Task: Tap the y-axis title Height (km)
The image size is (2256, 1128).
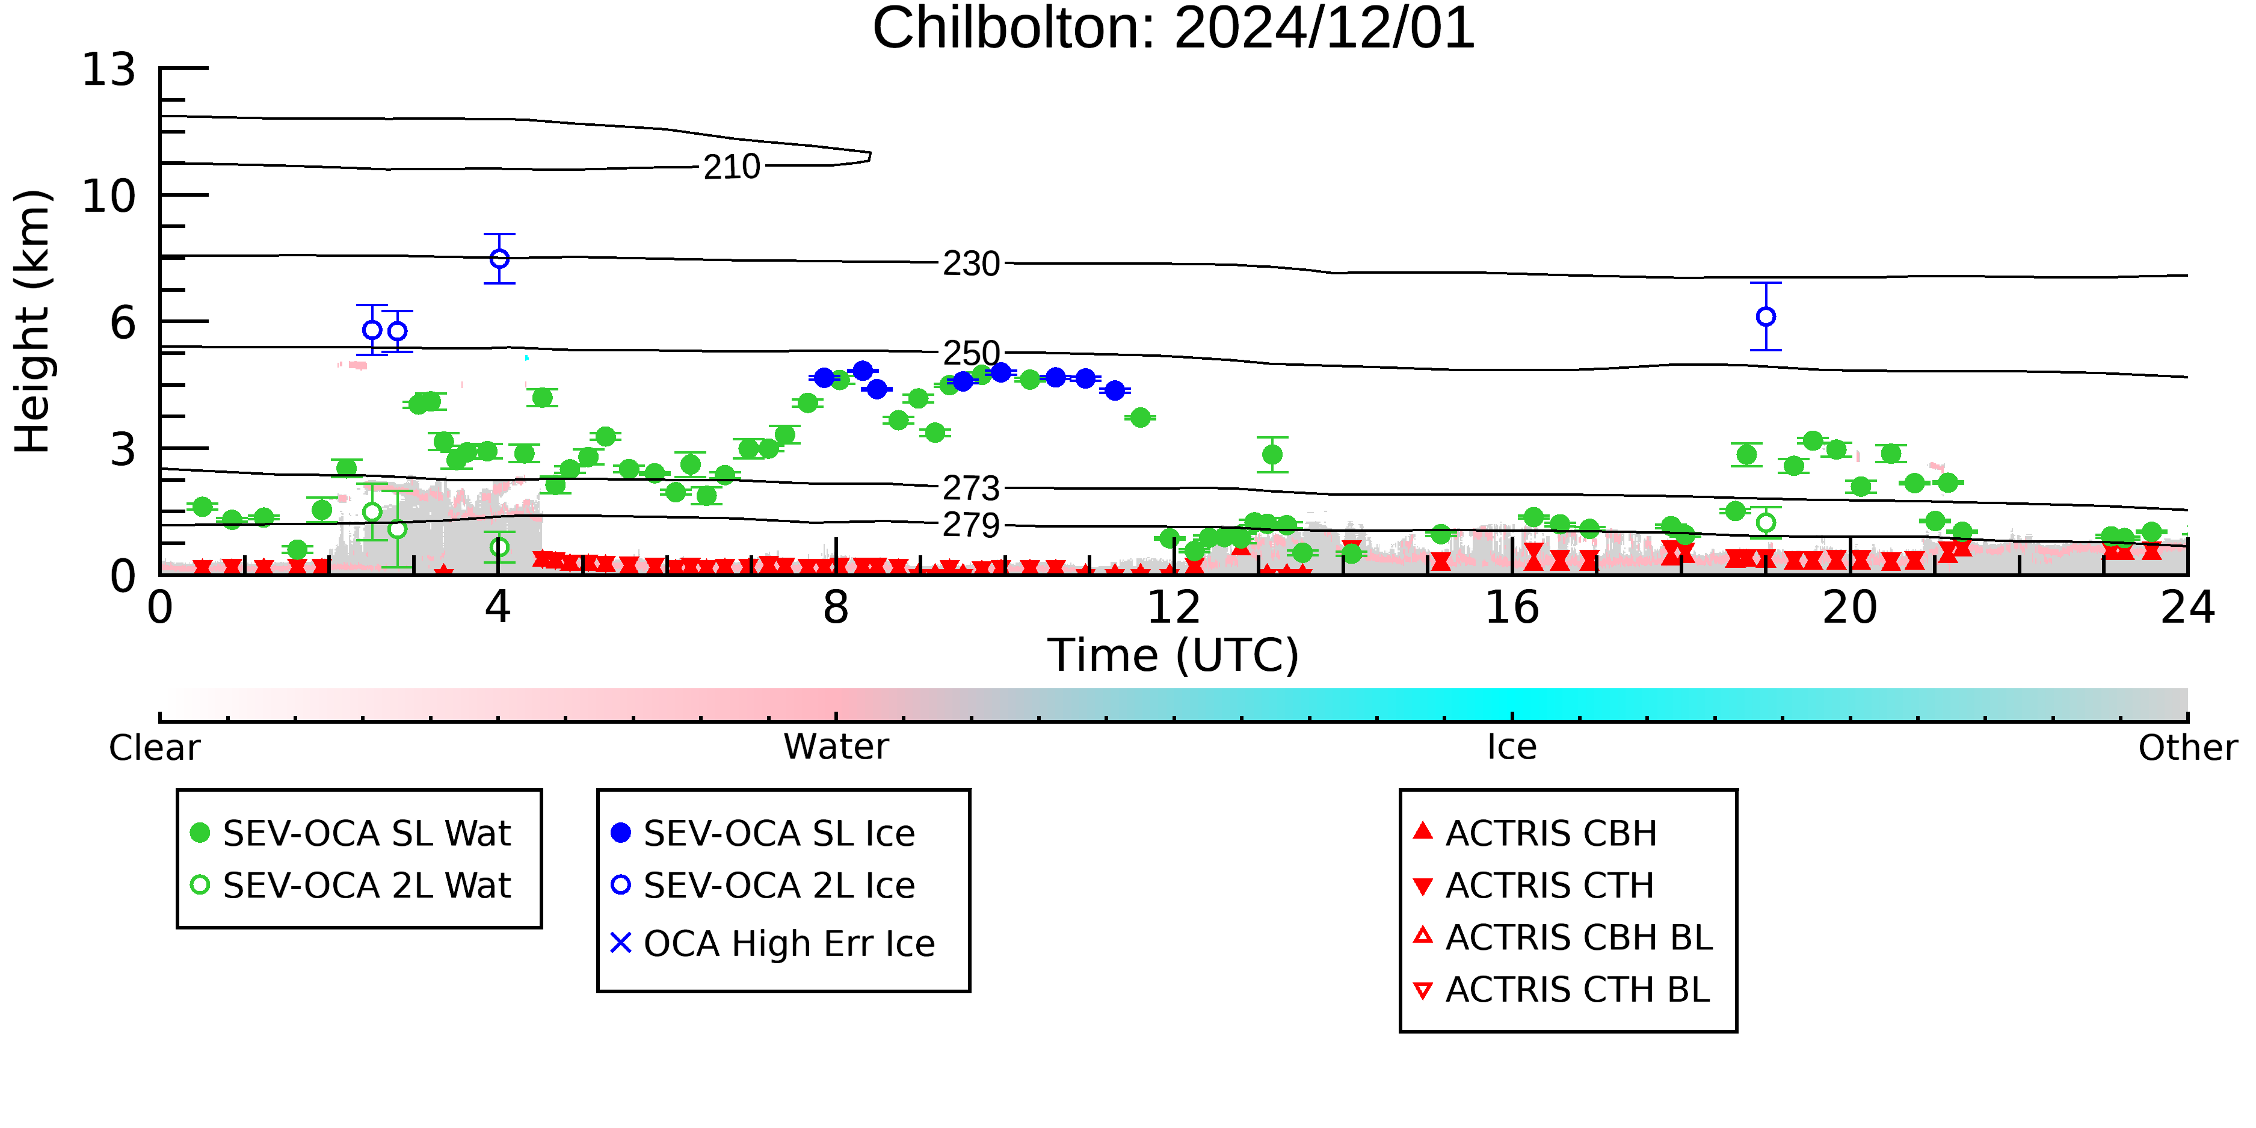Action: [x=32, y=321]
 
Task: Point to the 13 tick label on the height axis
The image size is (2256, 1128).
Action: [x=109, y=70]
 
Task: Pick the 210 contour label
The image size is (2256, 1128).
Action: [x=732, y=167]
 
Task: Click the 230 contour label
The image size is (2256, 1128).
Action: [x=971, y=264]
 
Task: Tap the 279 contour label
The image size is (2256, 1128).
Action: [x=971, y=525]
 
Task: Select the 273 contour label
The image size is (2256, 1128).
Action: [x=971, y=488]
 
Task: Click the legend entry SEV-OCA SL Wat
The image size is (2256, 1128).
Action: [x=350, y=833]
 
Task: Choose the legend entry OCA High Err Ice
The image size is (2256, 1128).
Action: [x=773, y=944]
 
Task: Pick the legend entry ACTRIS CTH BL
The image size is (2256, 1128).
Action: [x=1562, y=990]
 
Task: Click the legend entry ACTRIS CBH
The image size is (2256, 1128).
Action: [x=1535, y=833]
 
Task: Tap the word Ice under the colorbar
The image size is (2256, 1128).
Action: [x=1512, y=747]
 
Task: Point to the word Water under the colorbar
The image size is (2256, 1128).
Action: [x=836, y=747]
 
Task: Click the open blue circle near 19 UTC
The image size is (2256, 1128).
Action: [x=1766, y=316]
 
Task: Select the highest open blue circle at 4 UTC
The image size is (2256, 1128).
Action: [x=499, y=258]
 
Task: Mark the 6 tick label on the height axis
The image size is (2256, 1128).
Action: [x=123, y=323]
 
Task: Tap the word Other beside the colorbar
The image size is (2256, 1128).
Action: [x=2187, y=747]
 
